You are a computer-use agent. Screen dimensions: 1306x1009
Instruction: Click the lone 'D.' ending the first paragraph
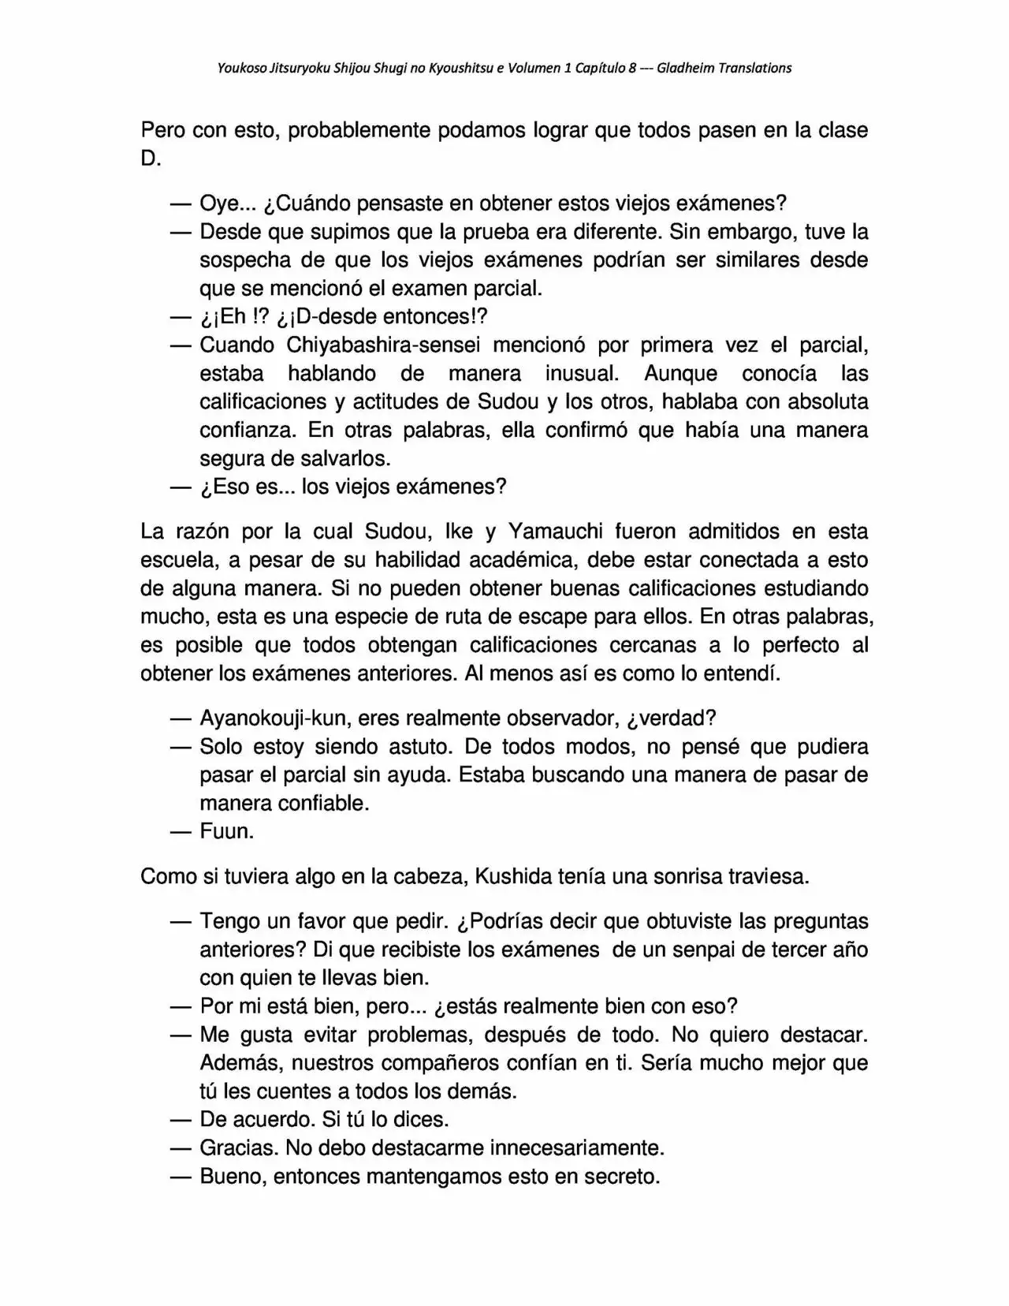click(x=151, y=159)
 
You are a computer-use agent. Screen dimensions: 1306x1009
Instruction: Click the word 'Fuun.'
click(x=227, y=832)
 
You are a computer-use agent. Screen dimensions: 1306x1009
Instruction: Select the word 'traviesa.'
click(x=765, y=877)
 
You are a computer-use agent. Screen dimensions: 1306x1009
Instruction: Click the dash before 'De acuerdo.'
click(x=181, y=1120)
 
